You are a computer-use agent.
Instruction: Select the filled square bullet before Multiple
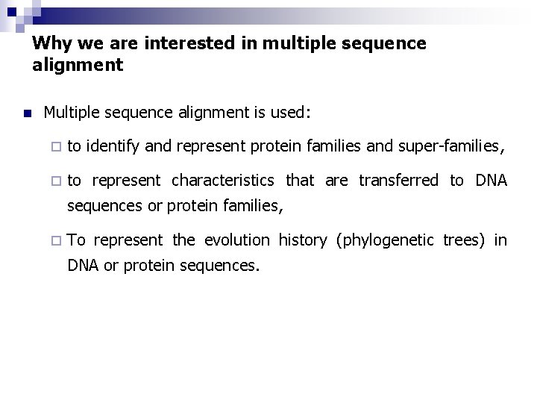pyautogui.click(x=27, y=114)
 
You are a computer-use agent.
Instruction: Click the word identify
pyautogui.click(x=112, y=148)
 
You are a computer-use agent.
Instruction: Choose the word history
pyautogui.click(x=302, y=240)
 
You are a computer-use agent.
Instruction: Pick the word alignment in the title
pyautogui.click(x=77, y=66)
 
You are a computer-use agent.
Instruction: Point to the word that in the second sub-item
pyautogui.click(x=301, y=181)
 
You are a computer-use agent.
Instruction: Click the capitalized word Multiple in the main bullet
pyautogui.click(x=74, y=113)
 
